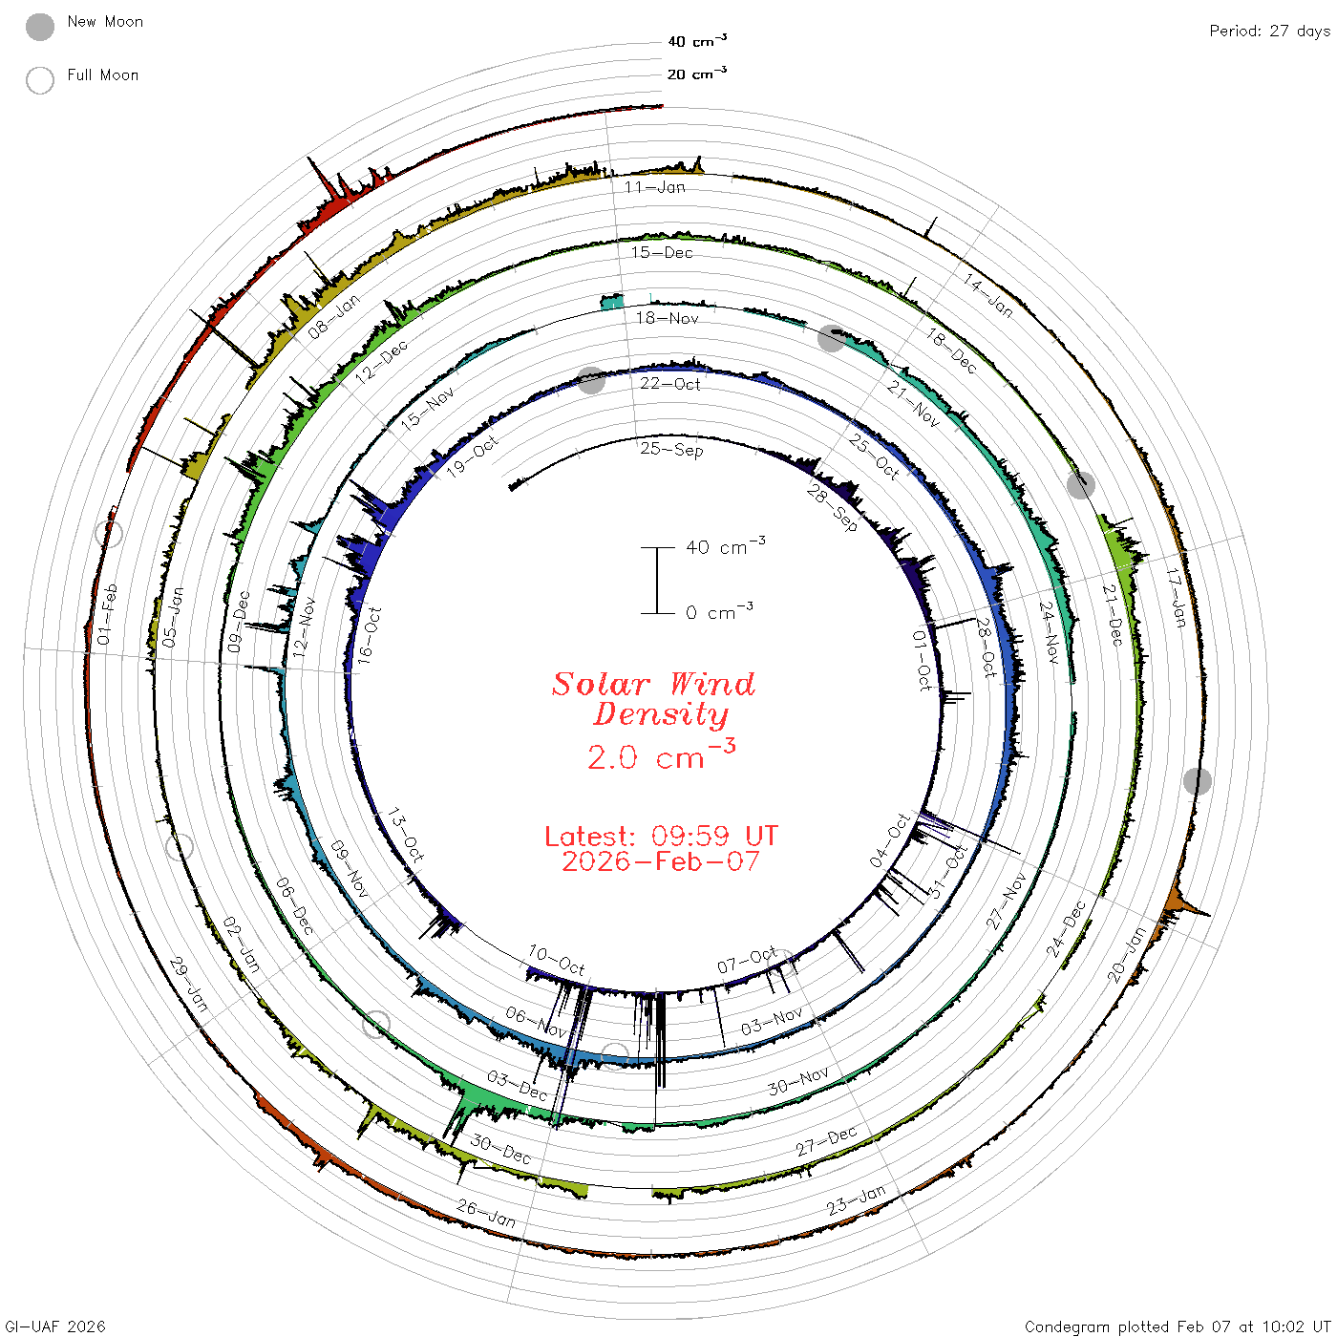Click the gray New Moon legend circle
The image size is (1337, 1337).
click(x=39, y=27)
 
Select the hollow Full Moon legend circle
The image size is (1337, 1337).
click(x=39, y=80)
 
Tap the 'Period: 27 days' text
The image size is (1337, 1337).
click(x=1269, y=32)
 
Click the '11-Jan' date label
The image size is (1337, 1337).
click(x=654, y=187)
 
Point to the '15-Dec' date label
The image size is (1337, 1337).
click(x=661, y=252)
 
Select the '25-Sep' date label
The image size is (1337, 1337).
click(x=671, y=449)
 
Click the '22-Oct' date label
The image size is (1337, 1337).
click(x=669, y=384)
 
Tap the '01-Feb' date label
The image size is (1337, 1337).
click(x=107, y=614)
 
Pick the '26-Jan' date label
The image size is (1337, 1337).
click(x=486, y=1214)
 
